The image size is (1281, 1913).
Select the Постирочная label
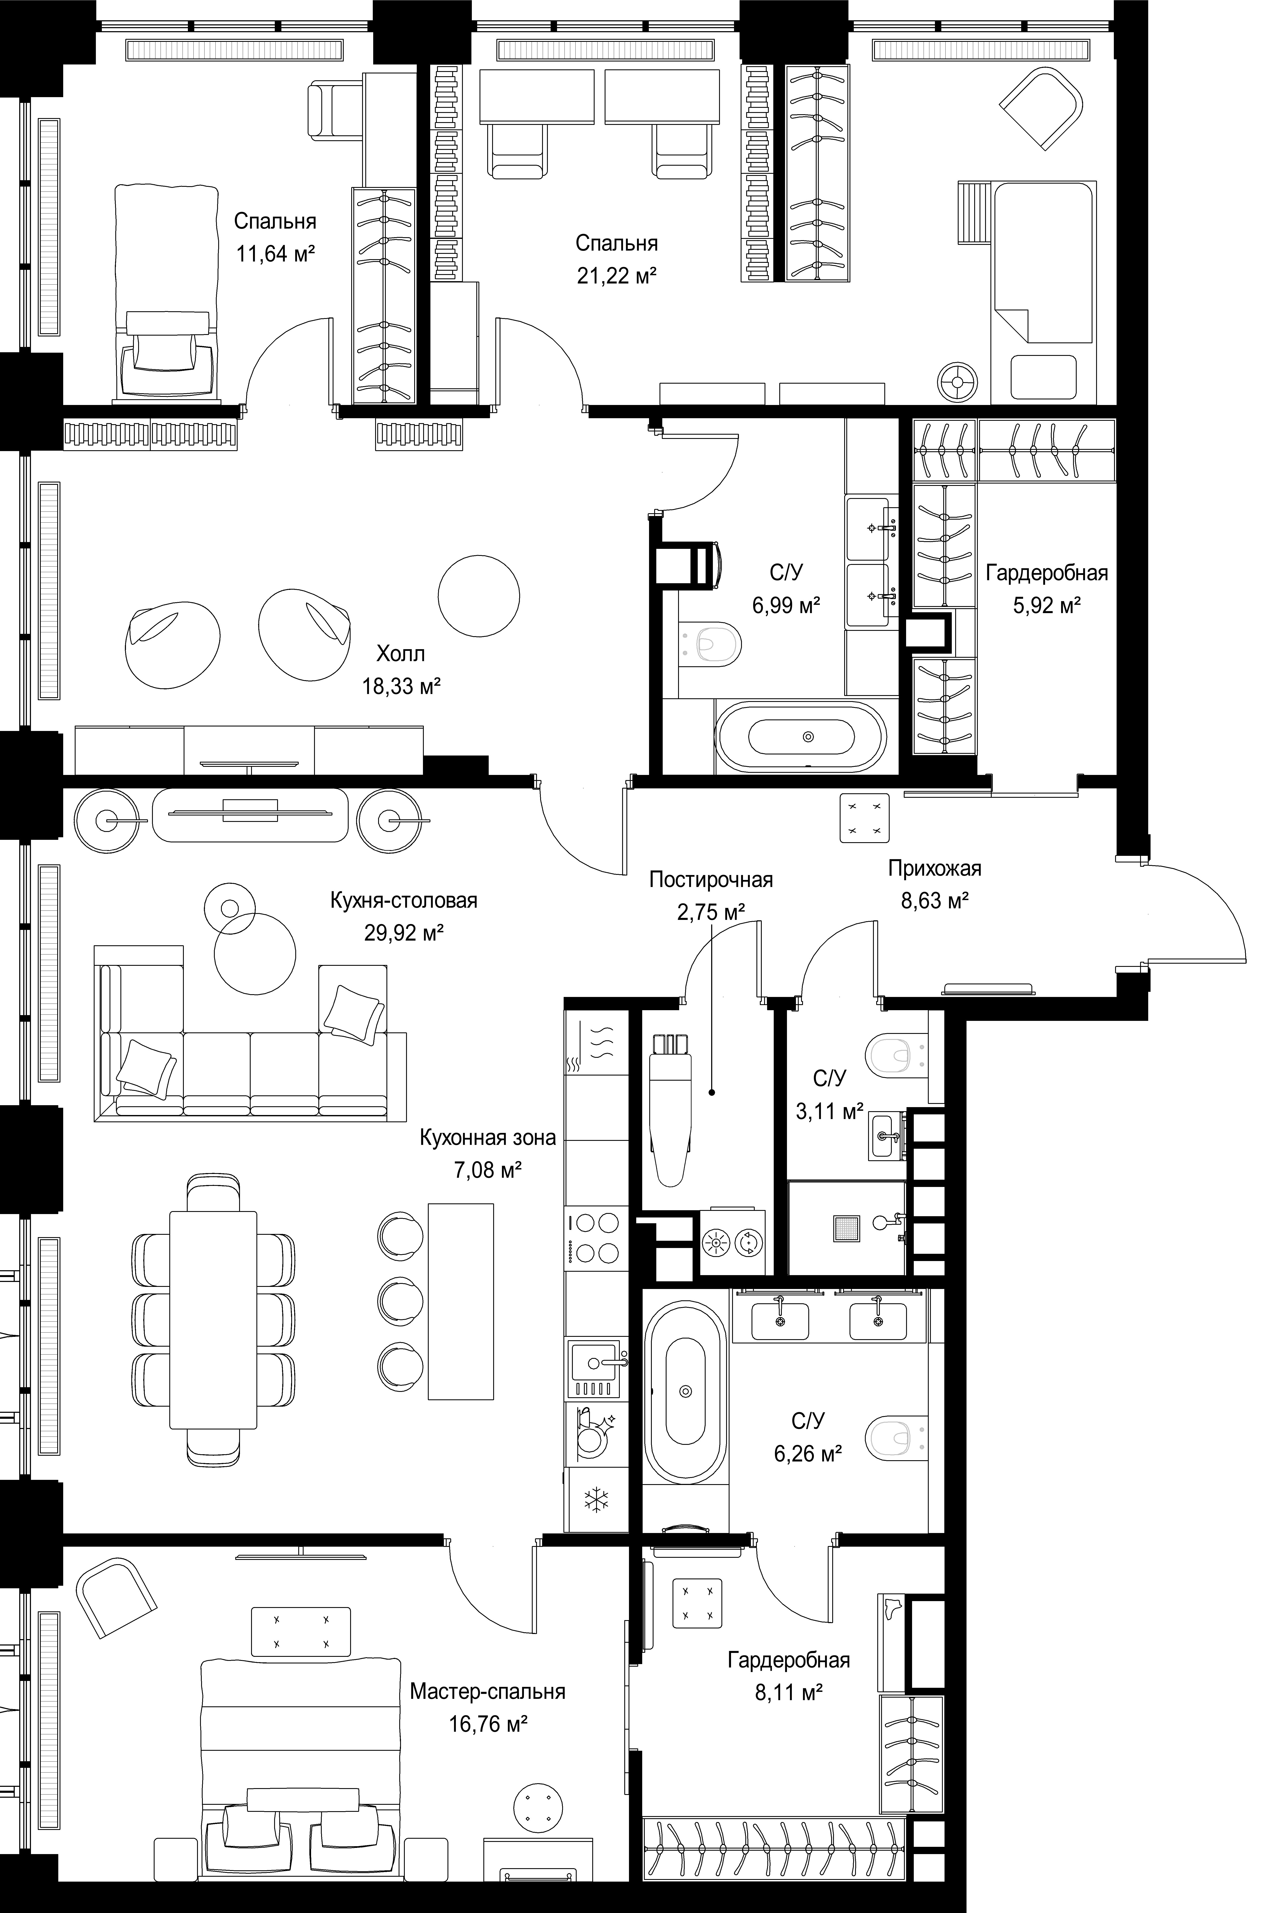pyautogui.click(x=711, y=880)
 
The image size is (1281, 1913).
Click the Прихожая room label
pyautogui.click(x=935, y=868)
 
